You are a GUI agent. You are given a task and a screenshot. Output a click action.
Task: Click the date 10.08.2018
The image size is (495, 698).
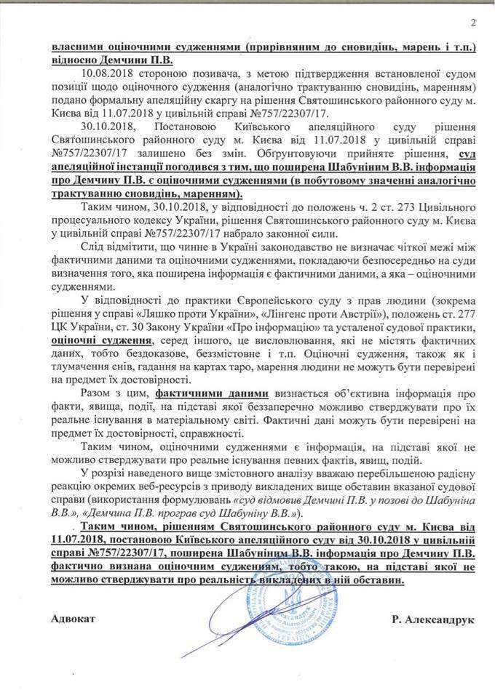point(104,74)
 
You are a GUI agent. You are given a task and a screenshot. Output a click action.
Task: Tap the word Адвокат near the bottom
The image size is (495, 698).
point(74,619)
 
